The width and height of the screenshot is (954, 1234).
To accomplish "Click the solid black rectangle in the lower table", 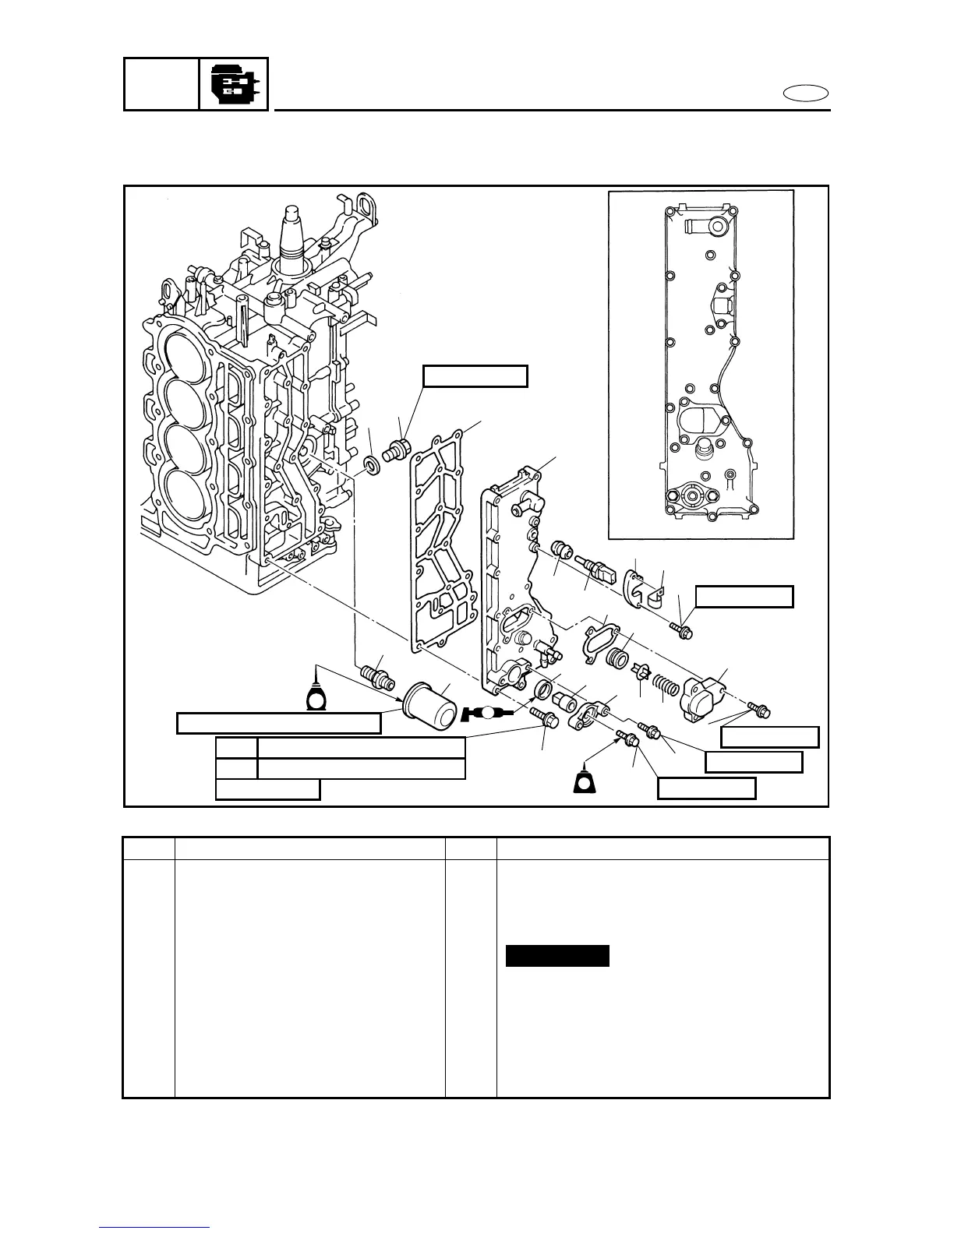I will coord(557,955).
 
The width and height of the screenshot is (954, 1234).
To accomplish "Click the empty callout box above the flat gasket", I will coord(475,376).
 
